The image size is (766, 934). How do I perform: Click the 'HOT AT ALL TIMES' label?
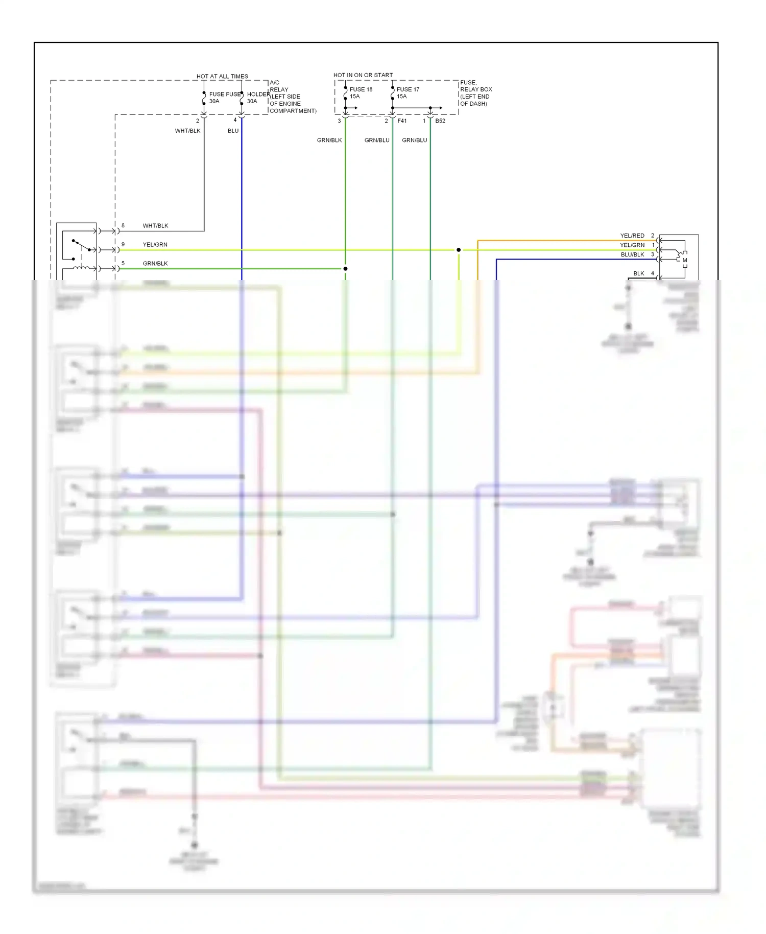(222, 76)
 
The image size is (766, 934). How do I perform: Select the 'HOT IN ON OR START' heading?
(363, 75)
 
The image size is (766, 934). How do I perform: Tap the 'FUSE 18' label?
(361, 89)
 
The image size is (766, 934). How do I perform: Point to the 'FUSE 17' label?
(408, 89)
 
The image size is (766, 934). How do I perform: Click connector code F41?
(402, 121)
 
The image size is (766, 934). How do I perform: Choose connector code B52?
(440, 121)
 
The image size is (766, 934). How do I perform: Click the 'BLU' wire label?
(233, 131)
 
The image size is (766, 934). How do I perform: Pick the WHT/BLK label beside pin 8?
(155, 226)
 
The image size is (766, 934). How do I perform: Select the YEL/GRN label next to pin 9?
(155, 245)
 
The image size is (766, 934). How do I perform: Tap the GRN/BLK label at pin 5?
(155, 264)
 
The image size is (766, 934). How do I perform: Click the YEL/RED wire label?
(632, 236)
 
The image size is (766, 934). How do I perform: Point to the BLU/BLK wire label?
(632, 254)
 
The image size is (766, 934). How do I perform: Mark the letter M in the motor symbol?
(685, 260)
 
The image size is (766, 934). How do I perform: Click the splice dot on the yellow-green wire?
(459, 250)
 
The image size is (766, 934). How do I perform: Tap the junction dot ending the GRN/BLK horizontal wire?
(346, 269)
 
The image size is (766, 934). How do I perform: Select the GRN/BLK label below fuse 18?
(329, 140)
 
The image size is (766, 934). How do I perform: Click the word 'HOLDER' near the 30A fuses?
(258, 95)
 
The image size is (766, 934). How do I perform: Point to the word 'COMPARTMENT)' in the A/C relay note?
(293, 111)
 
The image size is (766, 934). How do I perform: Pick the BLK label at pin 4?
(638, 273)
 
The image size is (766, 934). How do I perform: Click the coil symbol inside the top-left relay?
(81, 268)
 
